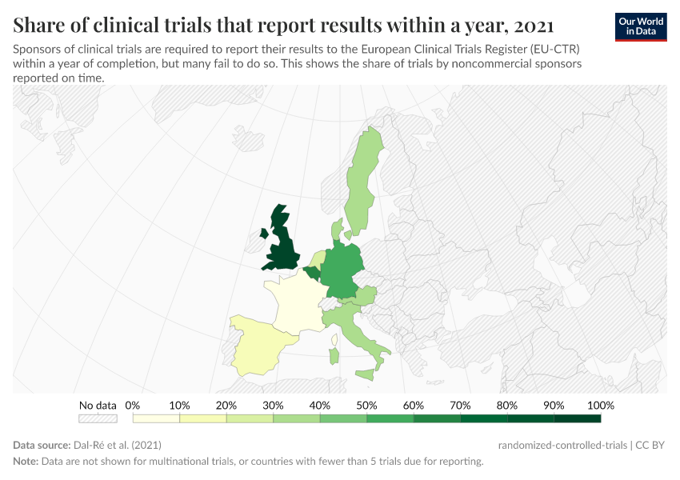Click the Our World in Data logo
pyautogui.click(x=640, y=26)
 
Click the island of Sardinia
pyautogui.click(x=334, y=353)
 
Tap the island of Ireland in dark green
pyautogui.click(x=263, y=234)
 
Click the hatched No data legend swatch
pyautogui.click(x=98, y=418)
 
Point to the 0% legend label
pyautogui.click(x=133, y=405)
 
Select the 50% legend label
pyautogui.click(x=366, y=405)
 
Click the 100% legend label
pyautogui.click(x=600, y=405)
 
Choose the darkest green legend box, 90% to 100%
pyautogui.click(x=577, y=418)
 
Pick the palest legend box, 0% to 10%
pyautogui.click(x=156, y=418)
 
